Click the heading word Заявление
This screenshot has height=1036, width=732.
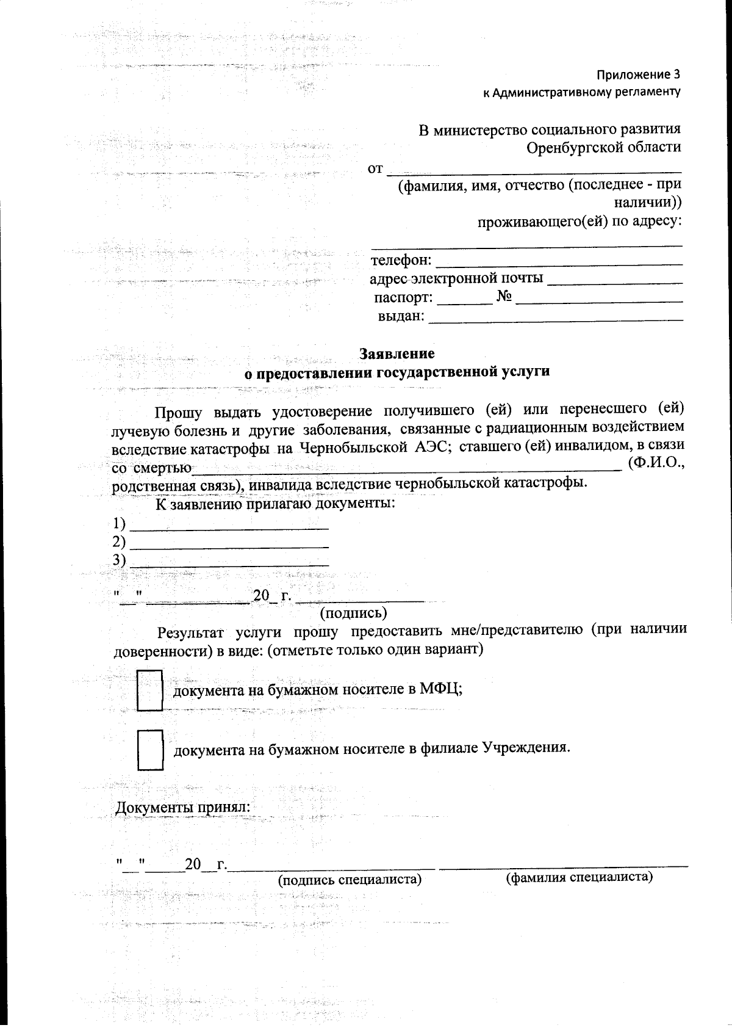396,353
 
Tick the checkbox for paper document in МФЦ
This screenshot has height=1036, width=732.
149,690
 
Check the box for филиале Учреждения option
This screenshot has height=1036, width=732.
150,750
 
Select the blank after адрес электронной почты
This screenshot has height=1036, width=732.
615,283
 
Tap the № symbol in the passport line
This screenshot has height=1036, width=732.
504,297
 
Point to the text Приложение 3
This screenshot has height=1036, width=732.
638,75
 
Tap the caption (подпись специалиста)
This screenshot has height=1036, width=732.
350,880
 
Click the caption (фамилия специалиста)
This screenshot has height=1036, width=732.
579,877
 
